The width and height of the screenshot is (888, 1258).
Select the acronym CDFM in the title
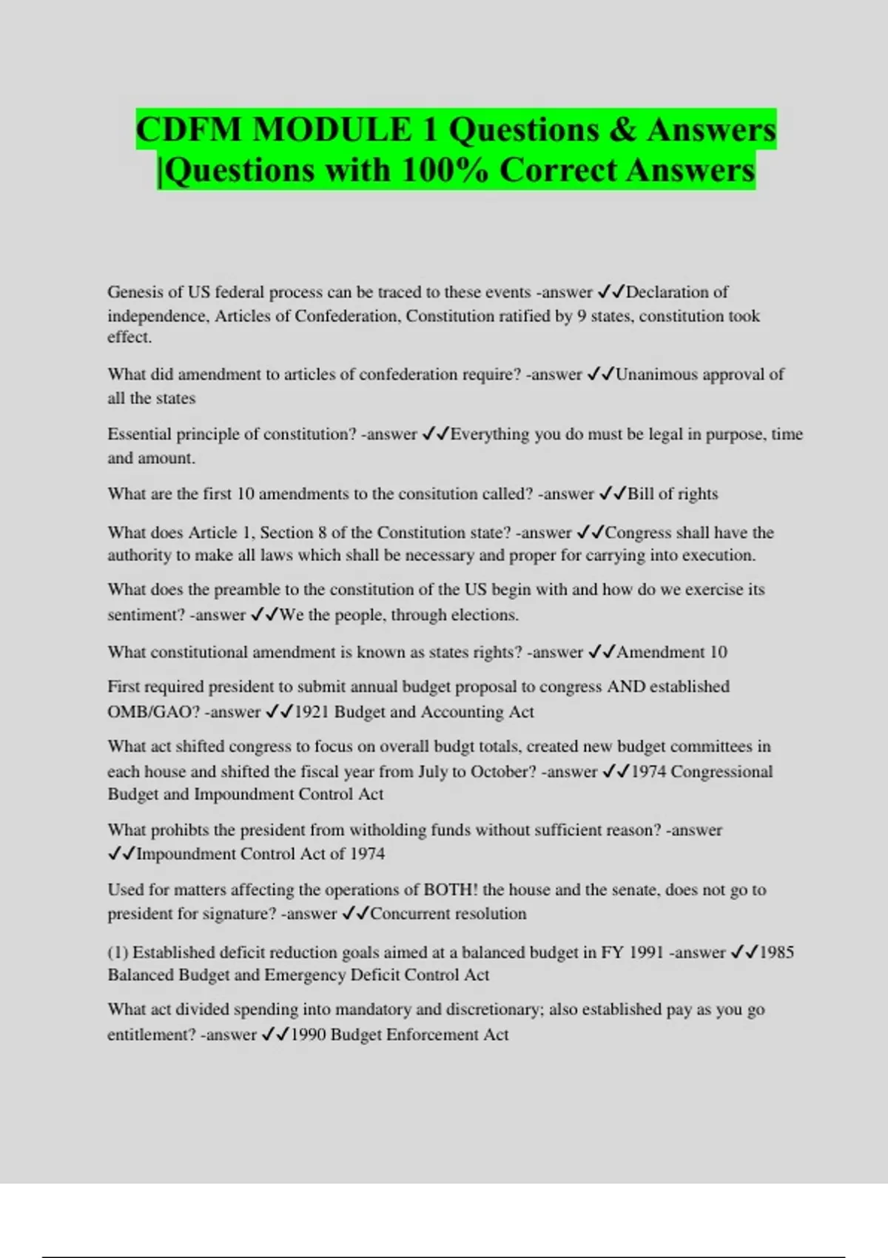(189, 130)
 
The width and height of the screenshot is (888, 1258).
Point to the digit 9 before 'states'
(582, 316)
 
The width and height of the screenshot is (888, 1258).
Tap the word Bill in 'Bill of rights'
(641, 494)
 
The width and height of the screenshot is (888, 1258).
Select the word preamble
(247, 590)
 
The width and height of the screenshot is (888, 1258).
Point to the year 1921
(311, 712)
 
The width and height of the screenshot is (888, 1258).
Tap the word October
(502, 772)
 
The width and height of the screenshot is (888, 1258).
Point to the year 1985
(776, 952)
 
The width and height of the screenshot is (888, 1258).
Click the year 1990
(308, 1035)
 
